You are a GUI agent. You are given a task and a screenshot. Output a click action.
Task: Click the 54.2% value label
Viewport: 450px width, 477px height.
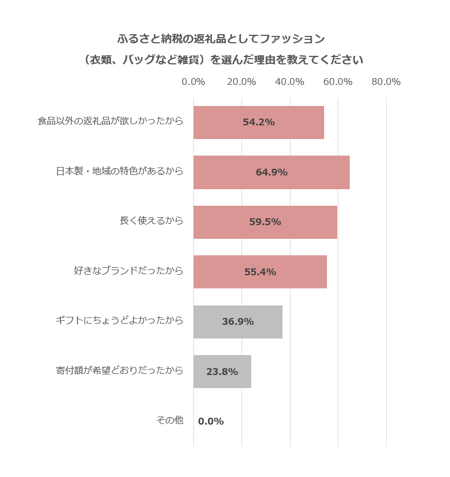[259, 122]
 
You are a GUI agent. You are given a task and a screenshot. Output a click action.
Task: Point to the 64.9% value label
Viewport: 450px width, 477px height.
[272, 172]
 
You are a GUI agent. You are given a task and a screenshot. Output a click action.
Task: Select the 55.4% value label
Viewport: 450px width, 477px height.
[260, 272]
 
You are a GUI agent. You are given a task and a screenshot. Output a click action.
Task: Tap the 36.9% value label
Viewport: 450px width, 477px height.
[238, 321]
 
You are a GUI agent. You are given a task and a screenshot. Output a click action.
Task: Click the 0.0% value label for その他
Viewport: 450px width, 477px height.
[211, 422]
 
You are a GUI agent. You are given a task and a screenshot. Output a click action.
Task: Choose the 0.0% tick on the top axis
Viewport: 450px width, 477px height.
[193, 82]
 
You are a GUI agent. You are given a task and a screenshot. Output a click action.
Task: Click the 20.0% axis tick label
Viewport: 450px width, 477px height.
[242, 82]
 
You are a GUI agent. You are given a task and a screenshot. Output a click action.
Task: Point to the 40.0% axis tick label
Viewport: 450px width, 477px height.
[289, 82]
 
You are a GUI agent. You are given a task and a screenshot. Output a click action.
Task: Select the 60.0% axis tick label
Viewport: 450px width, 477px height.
[338, 82]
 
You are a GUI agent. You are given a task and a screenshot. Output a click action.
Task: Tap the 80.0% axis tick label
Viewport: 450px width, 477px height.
[386, 82]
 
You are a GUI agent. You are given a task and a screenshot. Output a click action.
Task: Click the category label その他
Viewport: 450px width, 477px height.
[170, 421]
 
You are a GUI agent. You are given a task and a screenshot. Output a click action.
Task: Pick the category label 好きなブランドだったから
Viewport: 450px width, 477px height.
[129, 271]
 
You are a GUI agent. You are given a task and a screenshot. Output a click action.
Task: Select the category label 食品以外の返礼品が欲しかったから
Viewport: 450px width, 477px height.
[111, 121]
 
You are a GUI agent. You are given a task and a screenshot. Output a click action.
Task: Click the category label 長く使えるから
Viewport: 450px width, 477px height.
[152, 221]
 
